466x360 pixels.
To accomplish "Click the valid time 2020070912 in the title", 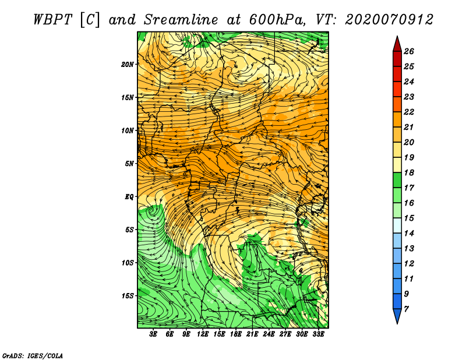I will point(389,19).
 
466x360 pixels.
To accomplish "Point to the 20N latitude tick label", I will point(128,65).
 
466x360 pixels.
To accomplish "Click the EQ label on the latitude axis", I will point(129,197).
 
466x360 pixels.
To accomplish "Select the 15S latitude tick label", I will point(128,296).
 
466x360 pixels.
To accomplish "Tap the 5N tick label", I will point(130,164).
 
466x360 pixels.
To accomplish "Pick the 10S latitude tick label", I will point(128,263).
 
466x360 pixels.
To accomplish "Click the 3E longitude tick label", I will point(154,334).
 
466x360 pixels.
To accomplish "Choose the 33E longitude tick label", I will point(319,334).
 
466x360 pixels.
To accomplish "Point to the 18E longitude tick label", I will point(236,334).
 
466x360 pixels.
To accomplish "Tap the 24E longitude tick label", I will point(269,334).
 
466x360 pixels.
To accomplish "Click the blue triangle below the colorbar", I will point(397,316).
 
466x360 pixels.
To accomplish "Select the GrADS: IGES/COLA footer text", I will point(32,355).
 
